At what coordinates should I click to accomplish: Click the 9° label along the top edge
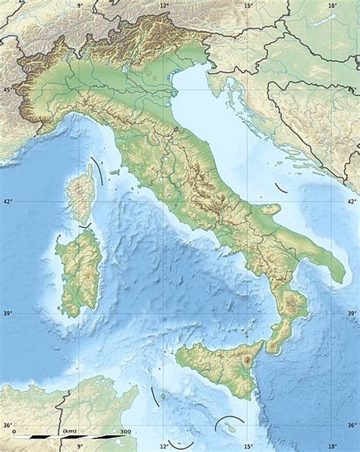tap(79, 6)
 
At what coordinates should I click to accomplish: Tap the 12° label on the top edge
tap(163, 6)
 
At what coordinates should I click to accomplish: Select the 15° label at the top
tap(248, 6)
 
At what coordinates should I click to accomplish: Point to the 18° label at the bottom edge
tap(332, 447)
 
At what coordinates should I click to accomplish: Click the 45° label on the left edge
tap(8, 90)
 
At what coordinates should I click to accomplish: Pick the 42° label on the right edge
tap(351, 202)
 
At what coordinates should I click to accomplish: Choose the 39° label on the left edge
tap(8, 313)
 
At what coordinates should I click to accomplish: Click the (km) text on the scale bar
tap(71, 431)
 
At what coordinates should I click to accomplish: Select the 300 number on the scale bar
tap(125, 431)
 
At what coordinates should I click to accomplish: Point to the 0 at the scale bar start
tap(15, 431)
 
